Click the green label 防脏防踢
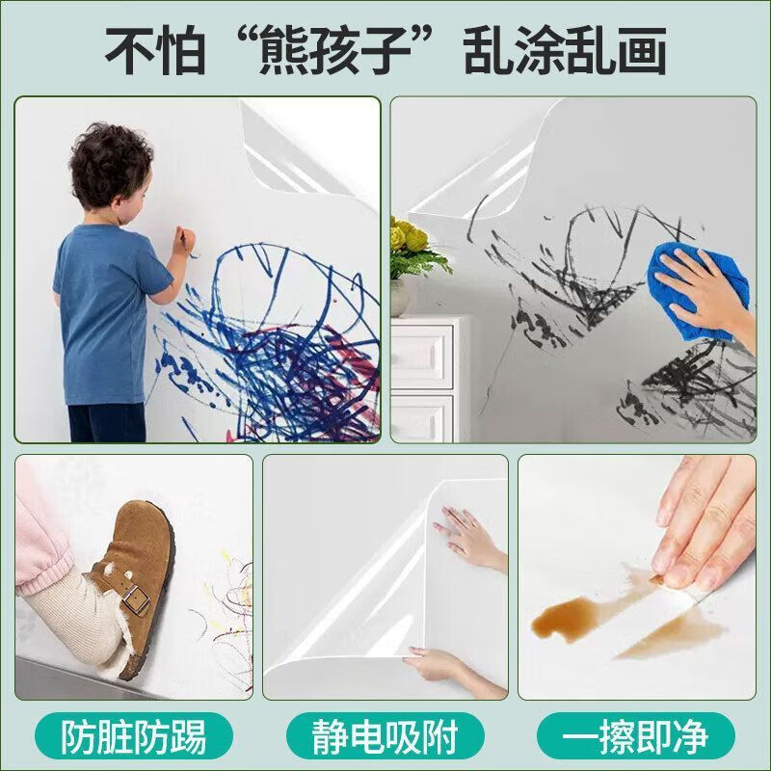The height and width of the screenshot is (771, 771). pyautogui.click(x=133, y=737)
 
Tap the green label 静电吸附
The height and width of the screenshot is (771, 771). pyautogui.click(x=385, y=737)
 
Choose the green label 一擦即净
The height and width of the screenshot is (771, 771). pyautogui.click(x=637, y=737)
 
